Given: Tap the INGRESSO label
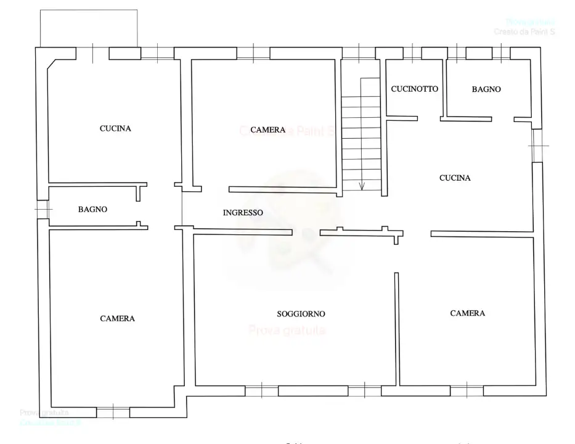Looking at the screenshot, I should (x=243, y=213).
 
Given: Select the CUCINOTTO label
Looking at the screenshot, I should (x=414, y=89).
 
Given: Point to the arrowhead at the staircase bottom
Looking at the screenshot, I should (x=362, y=186).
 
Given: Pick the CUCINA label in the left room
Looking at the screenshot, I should (x=115, y=129).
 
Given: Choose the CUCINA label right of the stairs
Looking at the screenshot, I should (x=455, y=178).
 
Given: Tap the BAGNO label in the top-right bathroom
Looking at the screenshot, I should (x=486, y=89).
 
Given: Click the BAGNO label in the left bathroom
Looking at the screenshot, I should (x=92, y=210).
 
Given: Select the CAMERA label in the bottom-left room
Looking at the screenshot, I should (x=117, y=319).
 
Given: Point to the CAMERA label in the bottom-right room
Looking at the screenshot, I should (x=467, y=313).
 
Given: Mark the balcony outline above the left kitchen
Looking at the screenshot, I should (x=88, y=28).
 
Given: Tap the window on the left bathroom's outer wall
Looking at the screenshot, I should (x=42, y=210).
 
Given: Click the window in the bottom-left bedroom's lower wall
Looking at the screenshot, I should (x=113, y=412).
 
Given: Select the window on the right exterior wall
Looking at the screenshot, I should (x=538, y=146).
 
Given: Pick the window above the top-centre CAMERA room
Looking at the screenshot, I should (x=253, y=54).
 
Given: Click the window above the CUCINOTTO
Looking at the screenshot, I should (x=412, y=54).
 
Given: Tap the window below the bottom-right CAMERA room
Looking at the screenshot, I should (x=467, y=390).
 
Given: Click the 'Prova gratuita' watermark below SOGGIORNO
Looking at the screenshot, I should (x=287, y=331).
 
